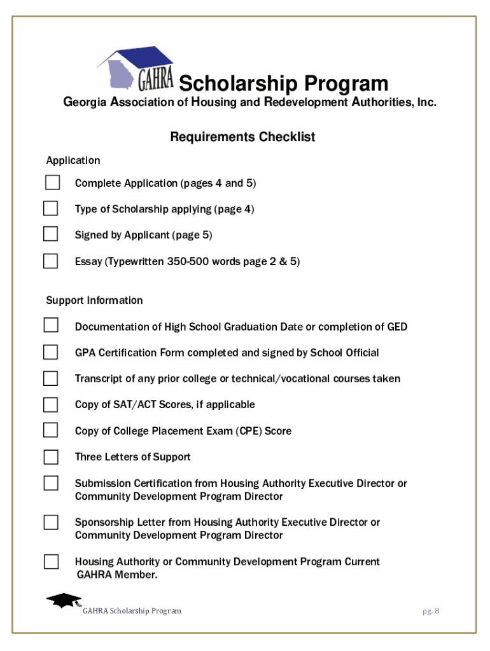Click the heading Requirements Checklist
pyautogui.click(x=242, y=137)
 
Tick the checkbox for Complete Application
pyautogui.click(x=52, y=182)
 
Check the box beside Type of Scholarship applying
pyautogui.click(x=51, y=209)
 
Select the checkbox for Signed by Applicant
pyautogui.click(x=51, y=234)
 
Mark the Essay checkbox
pyautogui.click(x=51, y=261)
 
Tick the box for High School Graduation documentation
pyautogui.click(x=51, y=325)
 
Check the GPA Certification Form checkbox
pyautogui.click(x=51, y=352)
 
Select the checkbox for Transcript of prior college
pyautogui.click(x=51, y=378)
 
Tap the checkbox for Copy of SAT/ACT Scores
pyautogui.click(x=51, y=404)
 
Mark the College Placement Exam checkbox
pyautogui.click(x=51, y=430)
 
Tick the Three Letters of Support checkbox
pyautogui.click(x=51, y=456)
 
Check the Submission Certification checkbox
pyautogui.click(x=51, y=483)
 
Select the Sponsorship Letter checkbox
pyautogui.click(x=51, y=523)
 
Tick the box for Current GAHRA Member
pyautogui.click(x=51, y=561)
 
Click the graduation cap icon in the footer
pyautogui.click(x=64, y=600)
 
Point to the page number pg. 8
pyautogui.click(x=431, y=611)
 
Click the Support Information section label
pyautogui.click(x=94, y=300)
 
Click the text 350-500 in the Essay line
pyautogui.click(x=188, y=261)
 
